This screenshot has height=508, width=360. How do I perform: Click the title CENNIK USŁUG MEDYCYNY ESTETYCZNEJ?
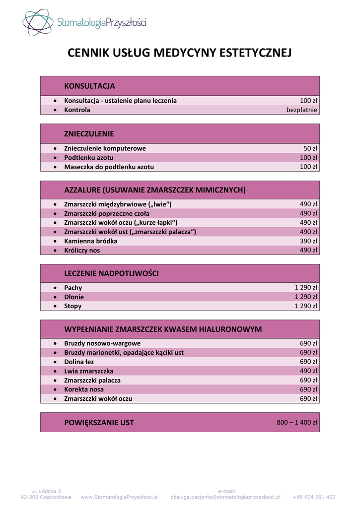click(x=179, y=53)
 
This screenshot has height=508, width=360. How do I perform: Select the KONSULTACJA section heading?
click(x=89, y=86)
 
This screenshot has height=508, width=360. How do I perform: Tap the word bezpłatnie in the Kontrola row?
click(x=301, y=110)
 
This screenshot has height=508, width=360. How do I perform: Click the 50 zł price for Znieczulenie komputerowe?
click(x=310, y=148)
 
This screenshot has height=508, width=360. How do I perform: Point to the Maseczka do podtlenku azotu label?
click(x=109, y=167)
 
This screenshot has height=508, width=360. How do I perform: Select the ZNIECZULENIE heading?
click(x=89, y=133)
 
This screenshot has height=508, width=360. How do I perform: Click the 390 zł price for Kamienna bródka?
click(x=308, y=241)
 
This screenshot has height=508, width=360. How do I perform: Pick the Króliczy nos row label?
click(x=82, y=251)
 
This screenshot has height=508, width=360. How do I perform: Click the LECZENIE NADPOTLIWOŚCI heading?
click(x=111, y=273)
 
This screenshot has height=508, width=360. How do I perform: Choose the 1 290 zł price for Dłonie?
click(x=306, y=297)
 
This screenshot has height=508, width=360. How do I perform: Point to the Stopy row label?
click(x=73, y=306)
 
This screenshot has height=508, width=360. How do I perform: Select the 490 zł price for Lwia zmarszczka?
click(x=308, y=371)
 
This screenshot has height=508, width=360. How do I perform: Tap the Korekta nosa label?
click(x=84, y=389)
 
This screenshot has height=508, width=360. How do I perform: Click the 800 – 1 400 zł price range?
click(x=296, y=423)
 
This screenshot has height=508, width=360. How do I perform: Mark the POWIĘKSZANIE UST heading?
click(x=99, y=423)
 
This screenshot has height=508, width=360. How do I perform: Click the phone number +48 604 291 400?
click(x=314, y=497)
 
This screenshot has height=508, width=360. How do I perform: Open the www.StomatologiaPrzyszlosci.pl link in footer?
click(x=120, y=497)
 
